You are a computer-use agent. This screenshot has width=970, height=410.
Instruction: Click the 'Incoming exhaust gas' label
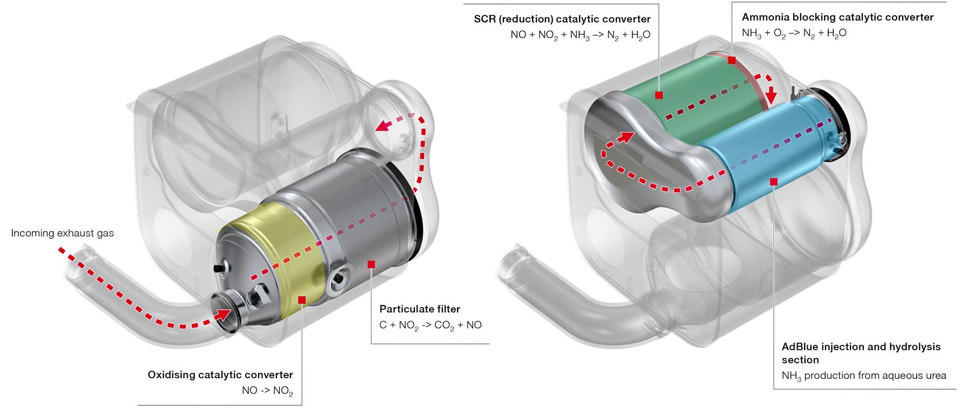tap(63, 233)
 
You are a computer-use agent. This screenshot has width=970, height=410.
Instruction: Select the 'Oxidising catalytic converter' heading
tap(220, 374)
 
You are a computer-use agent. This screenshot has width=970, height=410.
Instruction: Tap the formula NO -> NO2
tap(267, 391)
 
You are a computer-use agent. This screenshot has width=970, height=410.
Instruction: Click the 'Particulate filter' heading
tap(419, 309)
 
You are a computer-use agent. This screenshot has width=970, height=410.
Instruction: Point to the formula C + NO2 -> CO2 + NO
tap(430, 325)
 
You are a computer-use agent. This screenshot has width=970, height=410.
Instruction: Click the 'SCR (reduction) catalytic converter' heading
tap(562, 19)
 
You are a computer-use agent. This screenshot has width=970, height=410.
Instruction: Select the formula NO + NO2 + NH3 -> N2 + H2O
tap(580, 35)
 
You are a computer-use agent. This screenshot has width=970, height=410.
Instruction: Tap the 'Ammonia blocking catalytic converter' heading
tap(837, 17)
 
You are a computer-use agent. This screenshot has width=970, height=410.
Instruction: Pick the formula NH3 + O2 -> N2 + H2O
tap(794, 33)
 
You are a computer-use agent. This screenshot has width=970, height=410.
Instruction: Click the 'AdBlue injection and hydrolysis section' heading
tap(861, 353)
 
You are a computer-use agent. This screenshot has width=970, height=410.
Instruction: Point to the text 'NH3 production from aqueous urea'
tap(863, 375)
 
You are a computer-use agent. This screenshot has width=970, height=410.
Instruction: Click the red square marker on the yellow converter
tap(302, 300)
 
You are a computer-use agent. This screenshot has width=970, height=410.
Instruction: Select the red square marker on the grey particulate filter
tap(371, 264)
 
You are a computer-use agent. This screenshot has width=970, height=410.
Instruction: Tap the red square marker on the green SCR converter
tap(659, 95)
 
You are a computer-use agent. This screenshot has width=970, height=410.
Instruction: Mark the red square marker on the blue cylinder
tap(773, 182)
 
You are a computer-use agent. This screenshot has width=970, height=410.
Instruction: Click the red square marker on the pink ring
tap(731, 60)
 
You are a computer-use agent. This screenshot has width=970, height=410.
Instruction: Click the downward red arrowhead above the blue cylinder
tap(771, 96)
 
